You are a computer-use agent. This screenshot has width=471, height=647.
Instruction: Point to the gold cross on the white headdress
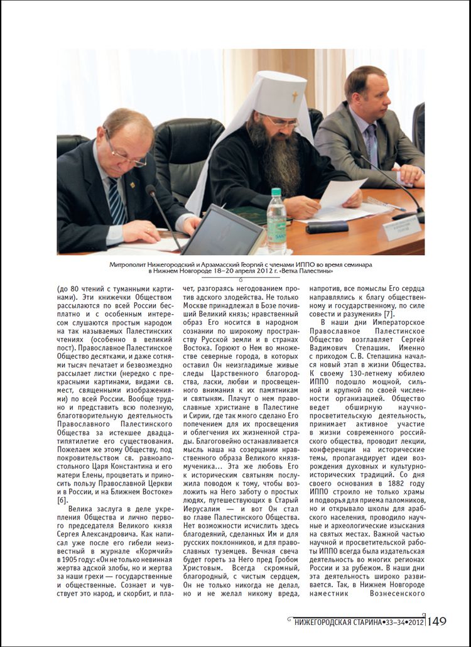point(295,97)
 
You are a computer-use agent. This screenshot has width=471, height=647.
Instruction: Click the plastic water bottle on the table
point(276,220)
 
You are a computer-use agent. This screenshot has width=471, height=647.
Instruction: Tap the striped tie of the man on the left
point(116,200)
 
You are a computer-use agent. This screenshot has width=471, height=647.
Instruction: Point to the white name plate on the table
point(399,227)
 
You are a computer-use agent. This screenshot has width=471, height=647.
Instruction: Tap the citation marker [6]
point(62,500)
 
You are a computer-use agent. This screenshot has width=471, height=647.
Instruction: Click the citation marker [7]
point(389,313)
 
